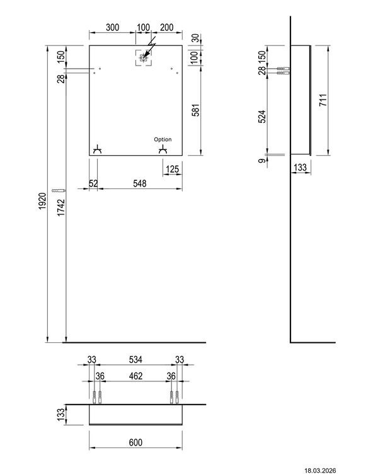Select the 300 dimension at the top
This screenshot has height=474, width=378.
[113, 27]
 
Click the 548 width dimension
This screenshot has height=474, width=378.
[140, 183]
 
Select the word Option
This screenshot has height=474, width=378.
[163, 139]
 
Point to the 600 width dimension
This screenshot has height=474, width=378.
[135, 442]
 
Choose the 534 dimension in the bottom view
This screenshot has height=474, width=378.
[135, 359]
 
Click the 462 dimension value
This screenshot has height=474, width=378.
[135, 376]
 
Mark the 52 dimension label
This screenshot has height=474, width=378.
[94, 183]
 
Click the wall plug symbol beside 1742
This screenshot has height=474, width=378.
[59, 190]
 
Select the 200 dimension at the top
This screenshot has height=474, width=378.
[167, 27]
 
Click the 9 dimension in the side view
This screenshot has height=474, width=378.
[261, 162]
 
